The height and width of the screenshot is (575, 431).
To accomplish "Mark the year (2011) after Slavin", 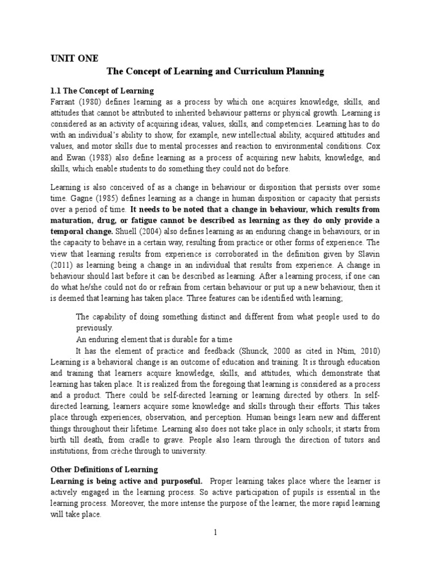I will click(62, 262).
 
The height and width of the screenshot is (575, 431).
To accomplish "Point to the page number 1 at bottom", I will click(215, 532).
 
